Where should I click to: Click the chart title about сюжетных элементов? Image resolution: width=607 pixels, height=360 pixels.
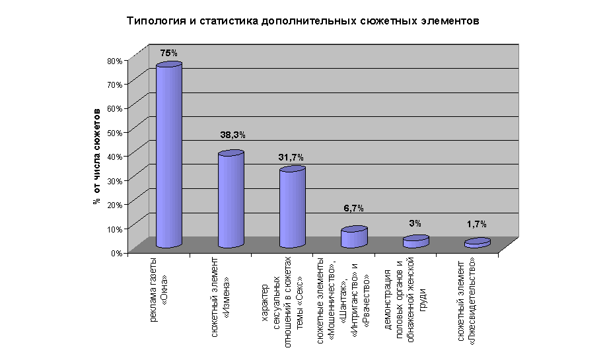click(x=302, y=20)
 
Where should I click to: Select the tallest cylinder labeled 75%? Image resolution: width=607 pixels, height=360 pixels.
click(x=168, y=156)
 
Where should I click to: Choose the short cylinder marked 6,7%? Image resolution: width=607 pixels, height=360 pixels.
click(x=354, y=237)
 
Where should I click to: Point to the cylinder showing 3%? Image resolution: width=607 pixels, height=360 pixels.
click(x=416, y=242)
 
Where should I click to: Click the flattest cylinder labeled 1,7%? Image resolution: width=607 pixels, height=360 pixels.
click(x=477, y=243)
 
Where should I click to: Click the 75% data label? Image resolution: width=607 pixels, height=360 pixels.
click(x=169, y=53)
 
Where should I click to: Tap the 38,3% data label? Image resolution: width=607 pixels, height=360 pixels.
click(x=232, y=135)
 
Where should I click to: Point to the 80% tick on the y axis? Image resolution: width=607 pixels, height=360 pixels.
click(x=114, y=61)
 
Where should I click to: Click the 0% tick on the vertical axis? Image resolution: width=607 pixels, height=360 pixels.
click(x=116, y=252)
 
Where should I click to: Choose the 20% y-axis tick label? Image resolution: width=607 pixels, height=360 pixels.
click(x=114, y=205)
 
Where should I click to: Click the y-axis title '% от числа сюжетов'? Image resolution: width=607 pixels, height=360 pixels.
click(x=97, y=156)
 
